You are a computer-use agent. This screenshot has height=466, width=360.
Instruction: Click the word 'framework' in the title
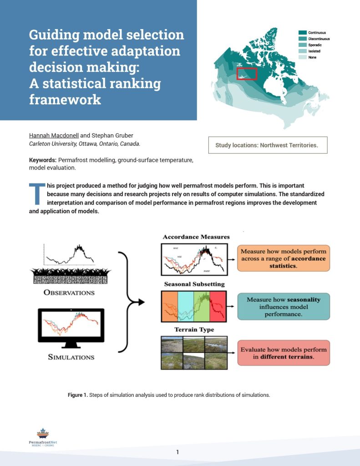[x=65, y=99]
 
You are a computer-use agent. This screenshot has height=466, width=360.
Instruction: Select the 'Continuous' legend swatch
[x=302, y=33]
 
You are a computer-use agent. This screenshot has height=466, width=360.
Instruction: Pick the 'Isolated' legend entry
[x=314, y=51]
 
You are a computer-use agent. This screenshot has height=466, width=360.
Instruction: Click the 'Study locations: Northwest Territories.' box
[x=268, y=145]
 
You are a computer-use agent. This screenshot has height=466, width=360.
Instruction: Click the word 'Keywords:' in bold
[x=43, y=160]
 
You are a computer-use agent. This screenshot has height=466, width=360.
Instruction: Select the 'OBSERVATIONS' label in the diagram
[x=69, y=292]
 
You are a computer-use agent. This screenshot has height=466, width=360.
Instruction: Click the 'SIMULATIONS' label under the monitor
[x=71, y=357]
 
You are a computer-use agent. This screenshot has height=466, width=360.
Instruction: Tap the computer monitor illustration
[x=71, y=326]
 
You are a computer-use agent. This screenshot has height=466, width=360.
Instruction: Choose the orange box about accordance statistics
[x=283, y=258]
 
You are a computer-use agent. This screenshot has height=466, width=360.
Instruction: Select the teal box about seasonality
[x=283, y=306]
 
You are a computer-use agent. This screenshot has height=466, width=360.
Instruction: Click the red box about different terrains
[x=283, y=353]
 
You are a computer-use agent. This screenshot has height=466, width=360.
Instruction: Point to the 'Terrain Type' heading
[x=194, y=329]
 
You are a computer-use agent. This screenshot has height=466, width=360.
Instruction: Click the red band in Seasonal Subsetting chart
[x=217, y=306]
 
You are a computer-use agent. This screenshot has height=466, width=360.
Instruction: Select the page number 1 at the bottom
[x=177, y=452]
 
